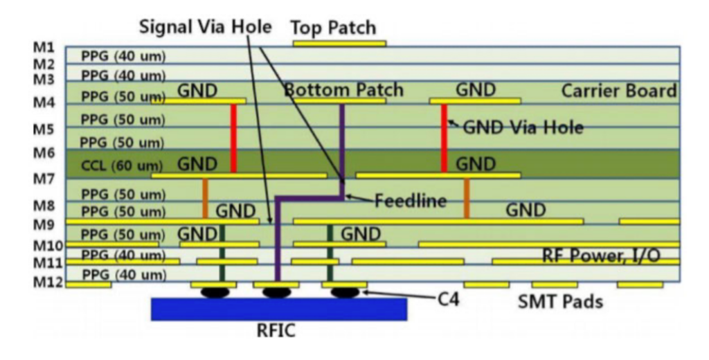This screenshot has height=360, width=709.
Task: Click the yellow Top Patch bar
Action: [x=339, y=44]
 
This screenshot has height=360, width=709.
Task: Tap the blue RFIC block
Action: [x=278, y=309]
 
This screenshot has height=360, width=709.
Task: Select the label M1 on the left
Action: [x=44, y=48]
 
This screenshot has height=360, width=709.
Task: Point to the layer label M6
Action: [x=44, y=152]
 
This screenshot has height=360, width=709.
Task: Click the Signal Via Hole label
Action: [x=205, y=27]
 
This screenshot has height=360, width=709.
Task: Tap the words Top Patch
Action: [x=333, y=28]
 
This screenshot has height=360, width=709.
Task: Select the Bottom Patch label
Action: [x=343, y=90]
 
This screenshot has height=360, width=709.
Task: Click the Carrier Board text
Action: [x=618, y=91]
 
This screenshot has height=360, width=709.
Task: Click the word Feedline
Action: [x=410, y=201]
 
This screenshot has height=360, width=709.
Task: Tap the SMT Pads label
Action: [x=560, y=302]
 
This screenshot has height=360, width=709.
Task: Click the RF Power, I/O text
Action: [x=600, y=256]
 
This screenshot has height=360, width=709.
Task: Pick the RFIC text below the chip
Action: [x=276, y=331]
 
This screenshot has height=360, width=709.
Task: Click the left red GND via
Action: [x=233, y=138]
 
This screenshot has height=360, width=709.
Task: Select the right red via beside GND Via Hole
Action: [x=444, y=138]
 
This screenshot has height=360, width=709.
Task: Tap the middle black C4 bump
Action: [x=276, y=292]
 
